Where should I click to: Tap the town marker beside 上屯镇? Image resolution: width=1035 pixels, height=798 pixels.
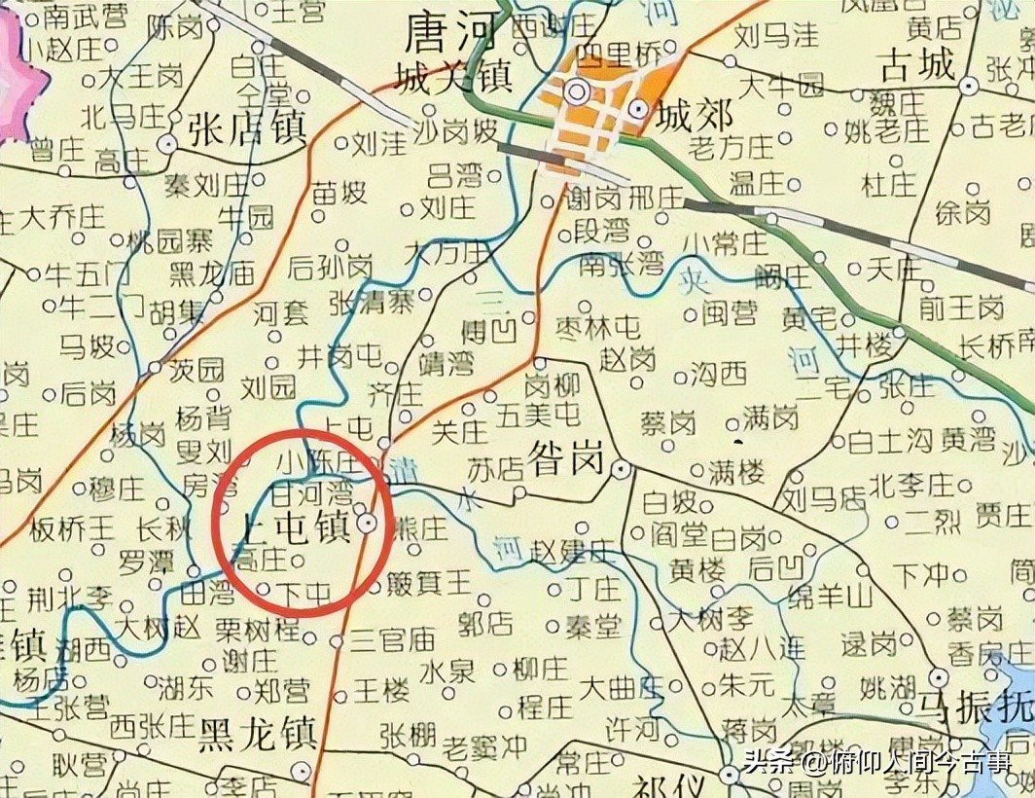(368, 524)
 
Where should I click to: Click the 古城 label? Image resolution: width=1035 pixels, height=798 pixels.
(916, 65)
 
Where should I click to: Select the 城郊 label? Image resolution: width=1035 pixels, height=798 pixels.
(694, 116)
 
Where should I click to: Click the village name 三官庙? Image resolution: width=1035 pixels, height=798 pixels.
(392, 640)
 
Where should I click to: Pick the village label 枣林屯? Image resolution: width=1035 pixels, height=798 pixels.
(597, 327)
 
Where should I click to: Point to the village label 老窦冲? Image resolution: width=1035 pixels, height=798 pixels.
(485, 747)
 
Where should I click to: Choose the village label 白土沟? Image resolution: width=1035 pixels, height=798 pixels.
(889, 441)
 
